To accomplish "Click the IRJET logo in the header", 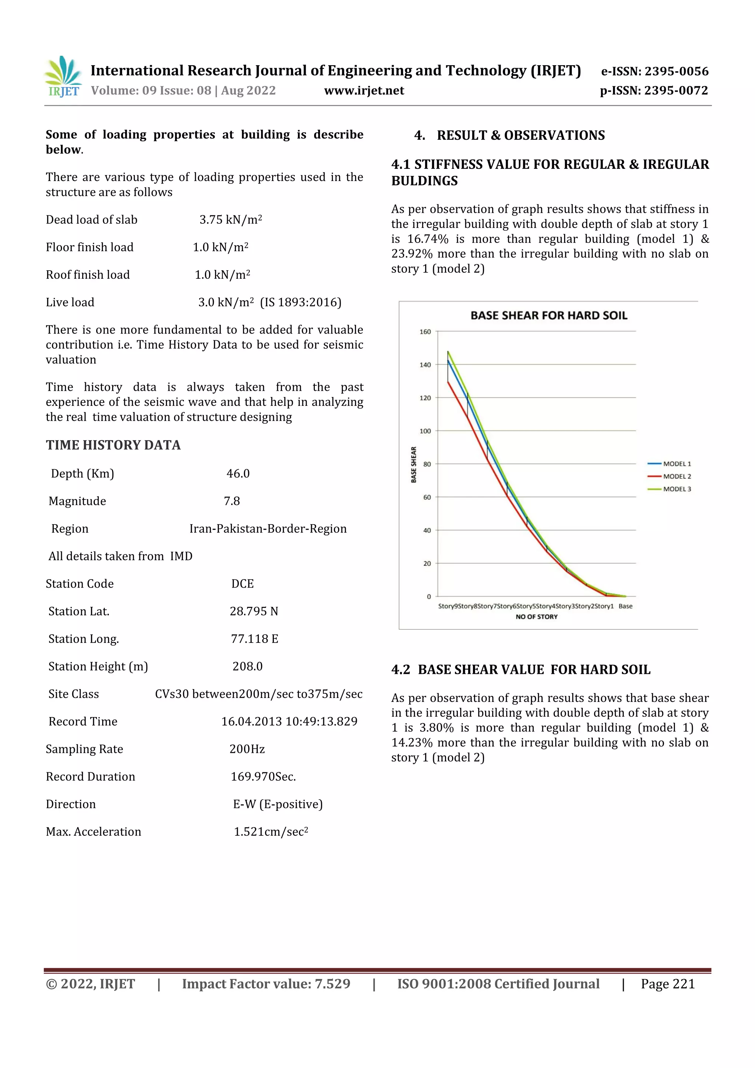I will coord(63,77).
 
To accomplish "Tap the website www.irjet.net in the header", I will coord(364,91).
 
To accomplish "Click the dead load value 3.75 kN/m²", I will coord(231,220).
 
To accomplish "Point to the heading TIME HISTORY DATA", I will coord(113,445).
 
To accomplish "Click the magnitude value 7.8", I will coord(232,501).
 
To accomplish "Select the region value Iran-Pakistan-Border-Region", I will coord(268,529).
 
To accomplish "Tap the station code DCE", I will coord(242,584).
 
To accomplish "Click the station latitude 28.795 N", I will coord(254,611).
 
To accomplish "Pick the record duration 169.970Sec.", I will coord(263,777).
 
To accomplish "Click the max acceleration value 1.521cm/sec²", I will coord(271,832).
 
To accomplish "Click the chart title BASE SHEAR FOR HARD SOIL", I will coord(549,316).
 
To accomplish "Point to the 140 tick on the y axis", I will coord(425,365).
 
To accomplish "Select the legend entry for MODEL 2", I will coord(676,476).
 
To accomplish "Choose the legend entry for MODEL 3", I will coord(676,489).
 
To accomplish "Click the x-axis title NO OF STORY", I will coord(536,617).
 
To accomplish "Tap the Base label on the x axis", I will coord(625,606).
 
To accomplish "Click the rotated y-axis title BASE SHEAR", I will coord(414,464).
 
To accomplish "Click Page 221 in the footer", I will coord(668,984).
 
